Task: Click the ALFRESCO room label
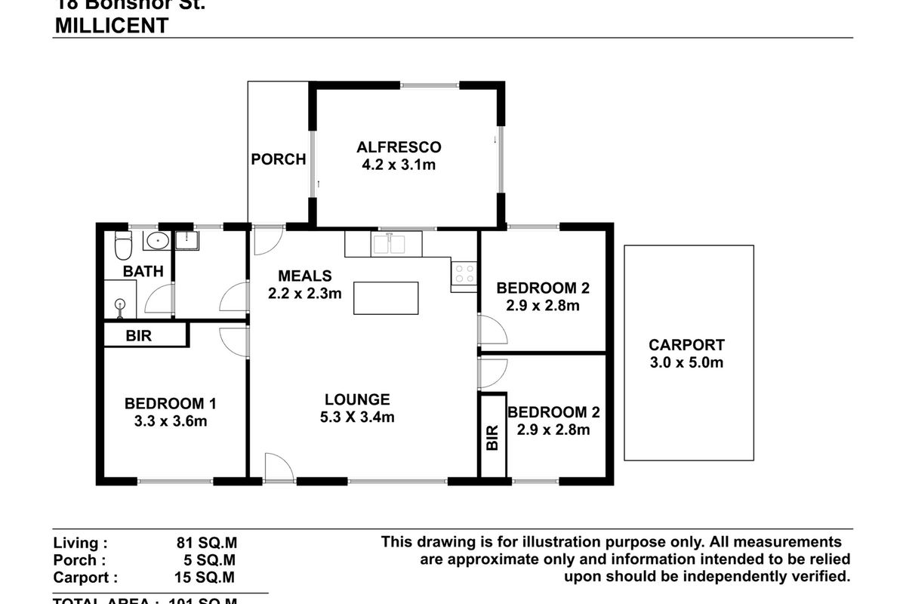pyautogui.click(x=399, y=146)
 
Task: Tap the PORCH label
pyautogui.click(x=279, y=159)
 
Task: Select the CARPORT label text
pyautogui.click(x=686, y=345)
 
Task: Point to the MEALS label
pyautogui.click(x=304, y=276)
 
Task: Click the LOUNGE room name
pyautogui.click(x=357, y=399)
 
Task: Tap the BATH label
pyautogui.click(x=143, y=271)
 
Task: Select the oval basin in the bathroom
pyautogui.click(x=157, y=242)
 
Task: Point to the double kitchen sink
pyautogui.click(x=390, y=245)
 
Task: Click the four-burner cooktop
pyautogui.click(x=464, y=273)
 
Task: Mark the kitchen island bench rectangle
pyautogui.click(x=386, y=297)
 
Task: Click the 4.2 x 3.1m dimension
pyautogui.click(x=399, y=165)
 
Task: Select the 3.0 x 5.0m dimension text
pyautogui.click(x=686, y=362)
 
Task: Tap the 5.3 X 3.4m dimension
pyautogui.click(x=357, y=417)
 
